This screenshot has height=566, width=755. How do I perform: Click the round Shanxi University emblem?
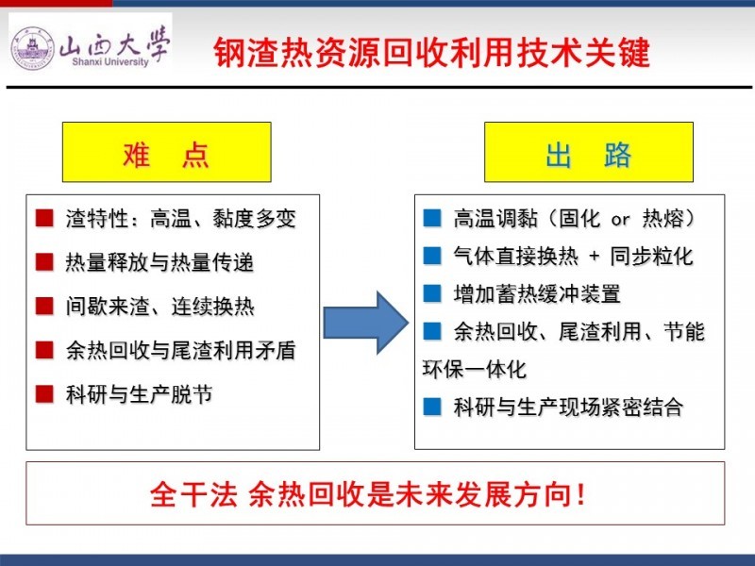click(x=33, y=48)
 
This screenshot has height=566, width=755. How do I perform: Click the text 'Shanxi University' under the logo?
click(x=110, y=61)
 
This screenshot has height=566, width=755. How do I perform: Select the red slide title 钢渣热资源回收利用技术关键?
click(x=432, y=52)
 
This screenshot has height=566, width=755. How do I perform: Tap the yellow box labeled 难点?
click(x=167, y=152)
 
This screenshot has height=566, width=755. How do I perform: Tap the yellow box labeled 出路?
click(x=588, y=152)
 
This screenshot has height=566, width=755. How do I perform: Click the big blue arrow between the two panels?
click(x=365, y=323)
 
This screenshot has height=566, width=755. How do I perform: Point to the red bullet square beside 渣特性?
click(x=44, y=218)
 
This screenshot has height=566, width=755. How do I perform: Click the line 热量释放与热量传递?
click(x=159, y=263)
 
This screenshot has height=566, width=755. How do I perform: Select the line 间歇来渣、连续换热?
click(x=159, y=307)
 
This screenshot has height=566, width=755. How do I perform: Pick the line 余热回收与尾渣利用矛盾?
click(x=180, y=350)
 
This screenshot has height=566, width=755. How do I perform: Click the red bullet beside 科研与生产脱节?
click(x=44, y=393)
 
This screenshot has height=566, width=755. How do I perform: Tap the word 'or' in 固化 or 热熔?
click(x=620, y=220)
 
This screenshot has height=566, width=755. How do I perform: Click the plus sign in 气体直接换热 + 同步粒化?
click(x=595, y=256)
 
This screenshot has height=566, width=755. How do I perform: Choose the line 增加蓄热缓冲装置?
click(x=537, y=293)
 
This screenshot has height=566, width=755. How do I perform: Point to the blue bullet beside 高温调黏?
click(x=432, y=218)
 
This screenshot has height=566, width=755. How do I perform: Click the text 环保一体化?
click(x=475, y=369)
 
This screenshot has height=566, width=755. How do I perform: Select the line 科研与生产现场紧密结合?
click(x=568, y=407)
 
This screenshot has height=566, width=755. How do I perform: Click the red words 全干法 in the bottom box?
click(x=193, y=493)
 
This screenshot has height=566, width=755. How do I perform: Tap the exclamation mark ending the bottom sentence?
click(x=581, y=493)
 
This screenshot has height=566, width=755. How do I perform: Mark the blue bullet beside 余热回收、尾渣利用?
click(x=432, y=331)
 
